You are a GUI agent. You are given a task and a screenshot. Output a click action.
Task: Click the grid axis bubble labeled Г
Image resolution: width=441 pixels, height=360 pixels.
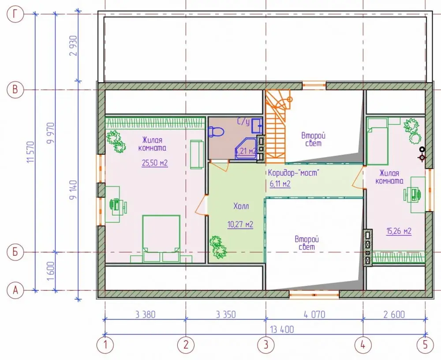click(15, 14)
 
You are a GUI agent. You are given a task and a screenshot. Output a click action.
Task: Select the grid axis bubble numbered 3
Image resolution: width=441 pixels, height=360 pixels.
click(266, 345)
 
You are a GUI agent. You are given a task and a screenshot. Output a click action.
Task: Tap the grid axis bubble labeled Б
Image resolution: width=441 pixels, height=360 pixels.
click(15, 252)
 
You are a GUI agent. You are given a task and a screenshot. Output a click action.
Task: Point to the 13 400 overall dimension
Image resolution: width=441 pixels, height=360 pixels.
click(282, 329)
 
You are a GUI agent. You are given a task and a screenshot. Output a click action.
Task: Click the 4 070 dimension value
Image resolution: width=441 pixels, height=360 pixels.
click(314, 314)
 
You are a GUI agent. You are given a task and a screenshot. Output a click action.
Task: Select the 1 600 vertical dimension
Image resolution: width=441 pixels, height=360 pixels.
click(51, 271)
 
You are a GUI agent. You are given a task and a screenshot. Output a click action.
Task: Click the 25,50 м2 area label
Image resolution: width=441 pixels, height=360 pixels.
click(155, 163)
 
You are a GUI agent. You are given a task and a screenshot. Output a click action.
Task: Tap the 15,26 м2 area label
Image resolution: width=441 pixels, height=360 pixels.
click(399, 231)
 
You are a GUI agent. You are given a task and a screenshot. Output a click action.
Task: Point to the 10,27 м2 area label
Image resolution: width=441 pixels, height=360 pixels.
click(240, 225)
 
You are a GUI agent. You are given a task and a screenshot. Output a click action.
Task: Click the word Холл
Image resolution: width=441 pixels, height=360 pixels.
click(241, 206)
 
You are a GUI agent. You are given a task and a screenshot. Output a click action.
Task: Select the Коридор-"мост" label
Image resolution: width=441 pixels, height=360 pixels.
click(294, 172)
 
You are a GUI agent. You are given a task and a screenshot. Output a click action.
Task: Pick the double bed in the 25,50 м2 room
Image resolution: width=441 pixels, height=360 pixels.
click(161, 234)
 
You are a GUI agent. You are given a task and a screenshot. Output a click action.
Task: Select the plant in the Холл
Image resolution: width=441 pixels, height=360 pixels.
click(218, 247)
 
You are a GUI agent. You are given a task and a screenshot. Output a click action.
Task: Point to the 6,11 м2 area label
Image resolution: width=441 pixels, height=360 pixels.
click(280, 184)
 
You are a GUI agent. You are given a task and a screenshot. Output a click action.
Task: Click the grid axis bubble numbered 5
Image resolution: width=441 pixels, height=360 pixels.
click(425, 345)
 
